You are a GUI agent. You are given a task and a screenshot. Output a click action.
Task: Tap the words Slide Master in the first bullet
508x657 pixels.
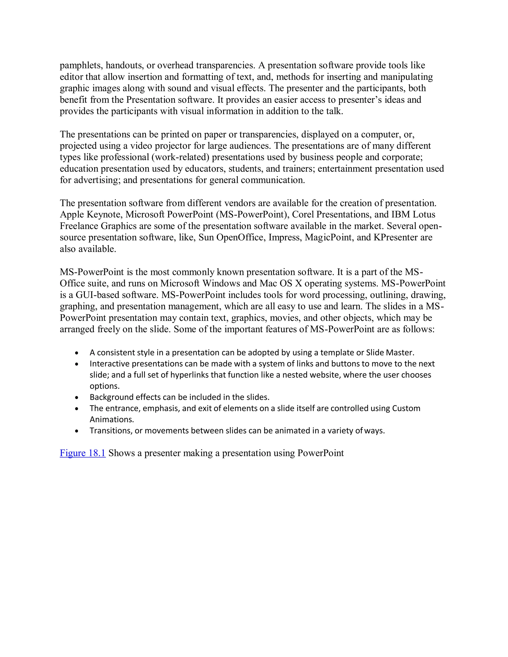(x=390, y=353)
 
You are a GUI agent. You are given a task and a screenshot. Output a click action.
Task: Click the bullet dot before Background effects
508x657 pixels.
(x=77, y=398)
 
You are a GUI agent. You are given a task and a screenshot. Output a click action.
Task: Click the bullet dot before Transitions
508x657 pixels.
(x=77, y=431)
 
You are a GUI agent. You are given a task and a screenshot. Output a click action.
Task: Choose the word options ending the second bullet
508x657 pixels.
(x=104, y=386)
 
